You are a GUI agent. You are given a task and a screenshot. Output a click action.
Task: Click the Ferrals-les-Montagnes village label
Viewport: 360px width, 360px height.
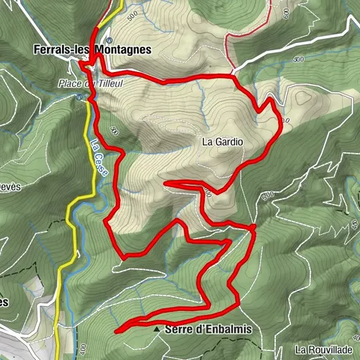point(92,49)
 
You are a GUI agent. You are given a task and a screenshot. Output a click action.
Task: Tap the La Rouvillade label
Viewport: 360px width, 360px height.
point(323,349)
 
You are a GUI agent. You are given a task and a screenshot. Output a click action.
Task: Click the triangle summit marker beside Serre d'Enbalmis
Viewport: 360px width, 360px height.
point(156,329)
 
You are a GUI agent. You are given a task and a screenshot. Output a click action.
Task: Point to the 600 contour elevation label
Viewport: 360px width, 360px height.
point(298,58)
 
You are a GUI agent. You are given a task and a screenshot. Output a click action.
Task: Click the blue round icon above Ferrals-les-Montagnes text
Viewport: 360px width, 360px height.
point(109,40)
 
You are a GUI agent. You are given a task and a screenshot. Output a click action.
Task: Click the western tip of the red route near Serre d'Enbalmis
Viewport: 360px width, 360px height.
point(117,328)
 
